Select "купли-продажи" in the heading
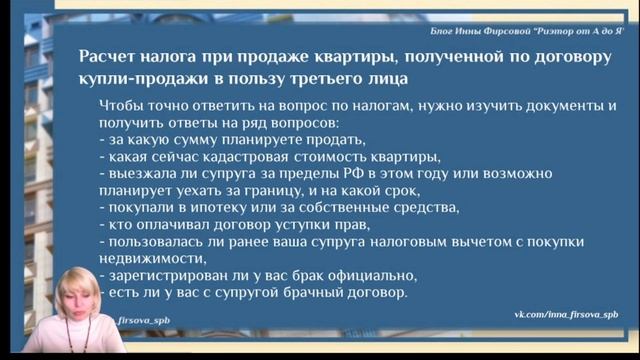140,77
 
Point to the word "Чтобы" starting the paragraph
124,105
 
